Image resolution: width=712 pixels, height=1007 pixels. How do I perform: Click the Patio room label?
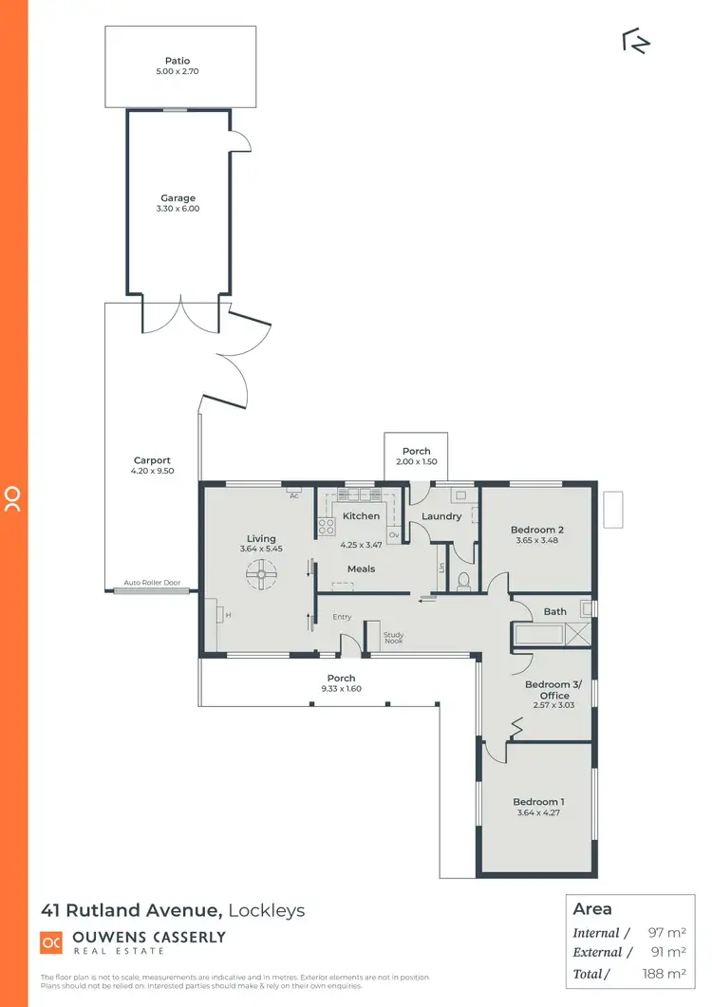tap(178, 61)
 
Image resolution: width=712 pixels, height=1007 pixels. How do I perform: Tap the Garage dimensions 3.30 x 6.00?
tap(179, 208)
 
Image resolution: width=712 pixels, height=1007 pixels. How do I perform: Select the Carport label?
tap(152, 460)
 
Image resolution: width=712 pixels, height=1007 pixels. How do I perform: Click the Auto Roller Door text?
tap(152, 584)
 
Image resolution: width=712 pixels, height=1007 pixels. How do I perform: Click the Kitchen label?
tap(361, 516)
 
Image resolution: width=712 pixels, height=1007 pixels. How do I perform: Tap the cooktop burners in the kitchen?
tap(326, 526)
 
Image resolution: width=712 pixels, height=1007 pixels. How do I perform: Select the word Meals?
tap(361, 569)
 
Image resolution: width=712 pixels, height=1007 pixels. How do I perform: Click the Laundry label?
tap(441, 516)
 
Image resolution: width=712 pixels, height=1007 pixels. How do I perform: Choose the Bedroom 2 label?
tap(537, 530)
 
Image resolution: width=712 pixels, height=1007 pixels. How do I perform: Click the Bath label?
tap(555, 611)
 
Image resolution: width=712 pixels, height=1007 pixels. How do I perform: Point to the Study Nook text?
tap(393, 639)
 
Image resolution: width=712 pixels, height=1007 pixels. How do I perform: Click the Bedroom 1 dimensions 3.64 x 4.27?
tap(537, 813)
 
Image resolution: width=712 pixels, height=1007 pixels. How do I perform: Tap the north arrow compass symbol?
tap(635, 41)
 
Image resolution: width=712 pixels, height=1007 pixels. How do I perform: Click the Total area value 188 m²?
tap(670, 973)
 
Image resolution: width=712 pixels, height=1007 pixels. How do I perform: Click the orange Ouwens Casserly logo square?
tap(50, 942)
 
